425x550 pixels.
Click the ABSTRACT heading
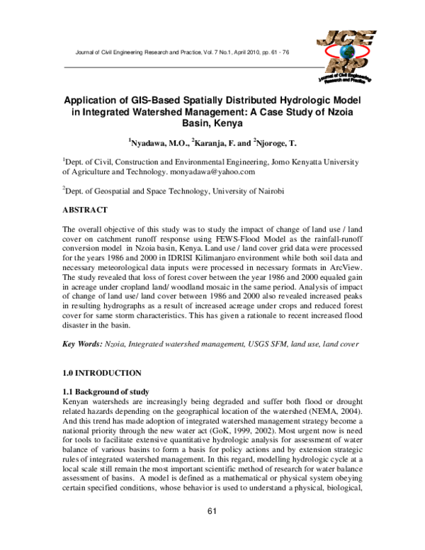point(85,211)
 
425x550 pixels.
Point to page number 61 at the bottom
point(212,532)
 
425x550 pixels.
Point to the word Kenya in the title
point(229,122)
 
